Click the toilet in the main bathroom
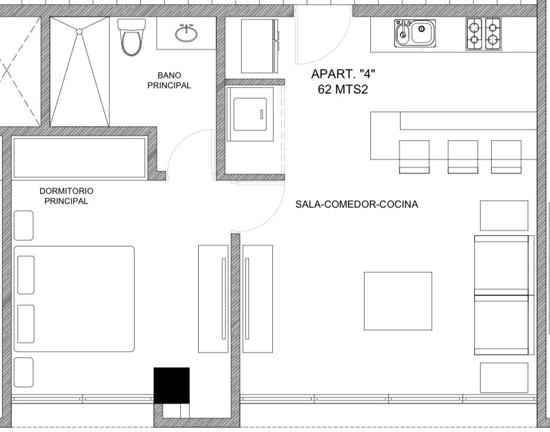pos(131,37)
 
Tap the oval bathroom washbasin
pos(187,33)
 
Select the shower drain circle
pos(79,31)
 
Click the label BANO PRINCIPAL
pos(169,81)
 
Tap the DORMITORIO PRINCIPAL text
pos(66,196)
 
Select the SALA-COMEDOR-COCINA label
pos(357,204)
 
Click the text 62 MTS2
pos(343,90)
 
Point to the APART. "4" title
pos(343,74)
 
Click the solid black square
pos(172,385)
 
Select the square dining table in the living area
pos(398,301)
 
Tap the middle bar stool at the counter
pos(463,157)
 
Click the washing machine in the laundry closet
pos(250,114)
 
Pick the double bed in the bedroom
pos(74,299)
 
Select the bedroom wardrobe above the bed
pos(79,158)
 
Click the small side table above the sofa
pos(504,215)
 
